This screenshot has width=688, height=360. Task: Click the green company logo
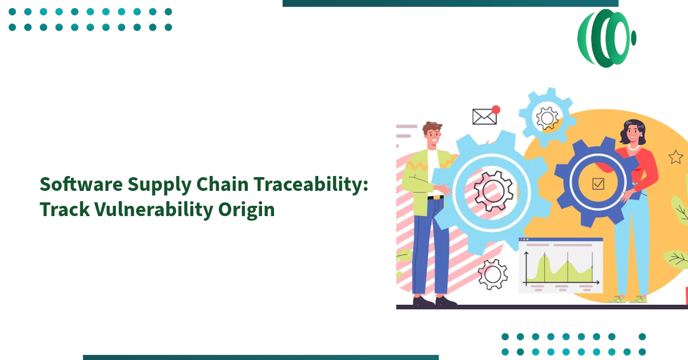(x=606, y=38)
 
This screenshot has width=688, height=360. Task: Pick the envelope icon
(x=484, y=116)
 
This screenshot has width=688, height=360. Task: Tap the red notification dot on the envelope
(x=496, y=109)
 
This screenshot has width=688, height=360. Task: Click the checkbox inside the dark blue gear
(x=598, y=183)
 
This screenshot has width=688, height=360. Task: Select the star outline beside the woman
(x=675, y=156)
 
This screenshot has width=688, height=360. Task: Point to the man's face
(x=433, y=136)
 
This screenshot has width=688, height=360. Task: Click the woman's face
(x=631, y=134)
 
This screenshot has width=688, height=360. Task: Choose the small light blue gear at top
(x=546, y=118)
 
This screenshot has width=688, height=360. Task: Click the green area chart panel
(x=561, y=265)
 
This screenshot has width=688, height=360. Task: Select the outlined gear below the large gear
(x=492, y=274)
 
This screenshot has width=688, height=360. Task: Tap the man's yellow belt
(x=435, y=198)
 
